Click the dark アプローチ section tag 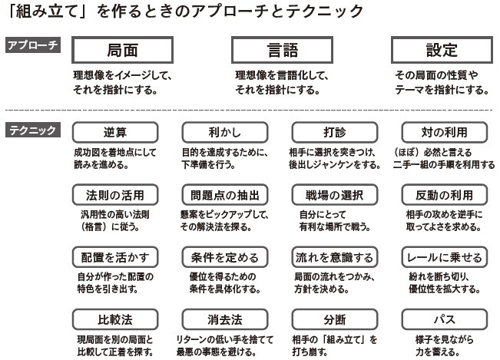(33, 45)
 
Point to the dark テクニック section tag (33, 130)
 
